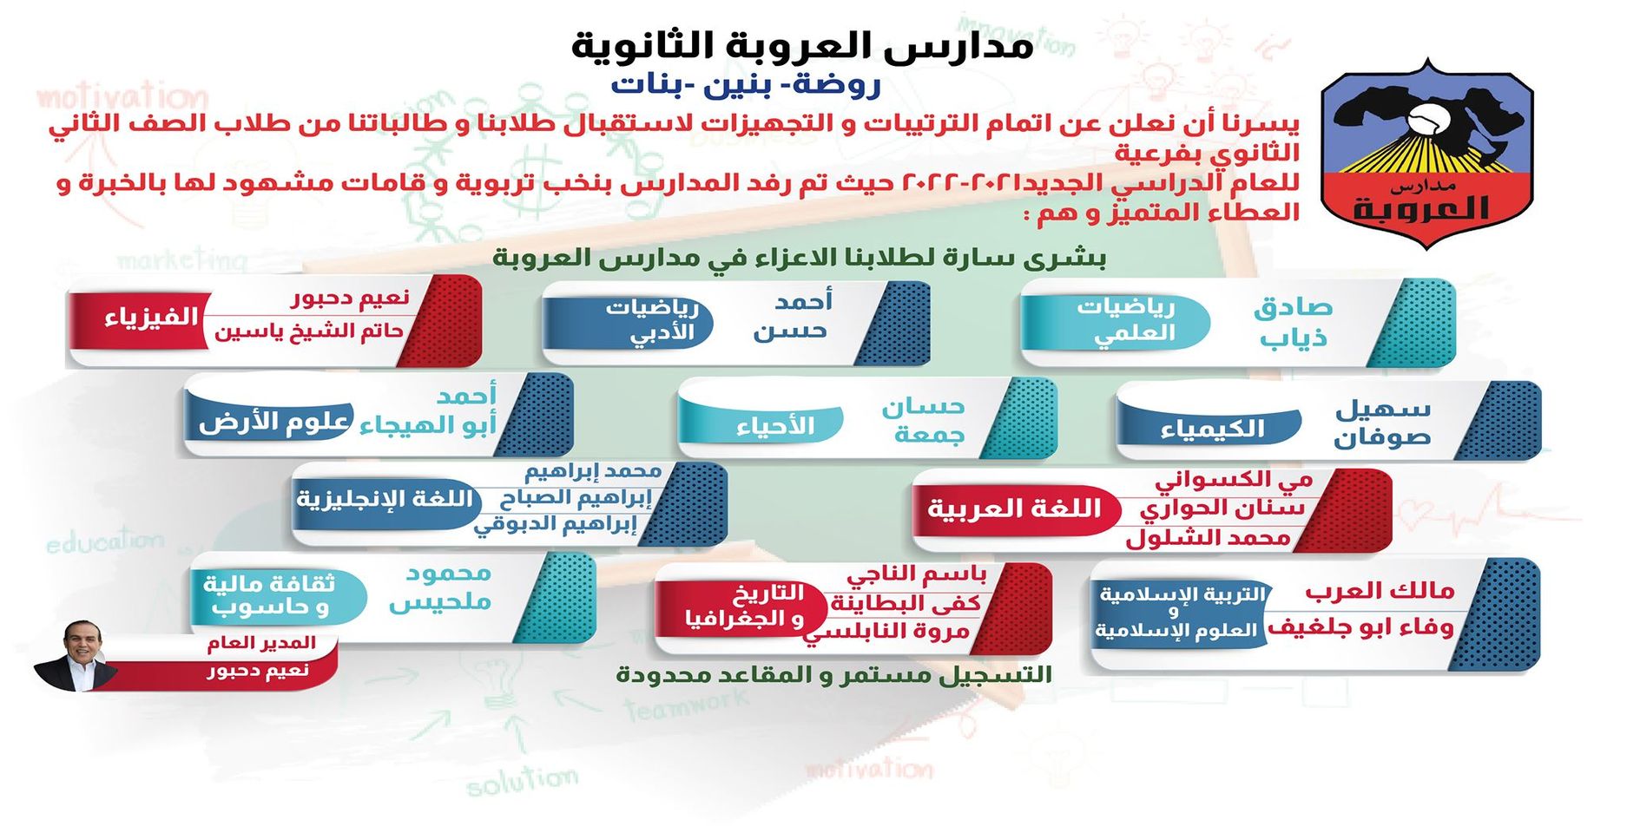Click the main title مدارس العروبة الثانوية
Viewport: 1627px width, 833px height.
coord(802,45)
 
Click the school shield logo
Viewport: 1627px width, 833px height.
coord(1426,153)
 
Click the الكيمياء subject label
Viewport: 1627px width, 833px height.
coord(1212,428)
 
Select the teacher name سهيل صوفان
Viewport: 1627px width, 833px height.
coord(1382,423)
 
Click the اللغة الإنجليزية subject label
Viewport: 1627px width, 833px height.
coord(385,500)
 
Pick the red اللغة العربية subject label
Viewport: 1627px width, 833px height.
coord(1013,508)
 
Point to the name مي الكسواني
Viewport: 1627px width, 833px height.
coord(1233,480)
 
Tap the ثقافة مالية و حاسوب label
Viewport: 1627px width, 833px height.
coord(269,595)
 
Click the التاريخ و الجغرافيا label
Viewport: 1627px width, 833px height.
coord(744,606)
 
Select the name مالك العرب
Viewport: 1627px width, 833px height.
coord(1380,592)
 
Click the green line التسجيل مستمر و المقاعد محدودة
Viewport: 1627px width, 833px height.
coord(833,674)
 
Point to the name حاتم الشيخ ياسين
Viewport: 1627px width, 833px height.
coord(308,331)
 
